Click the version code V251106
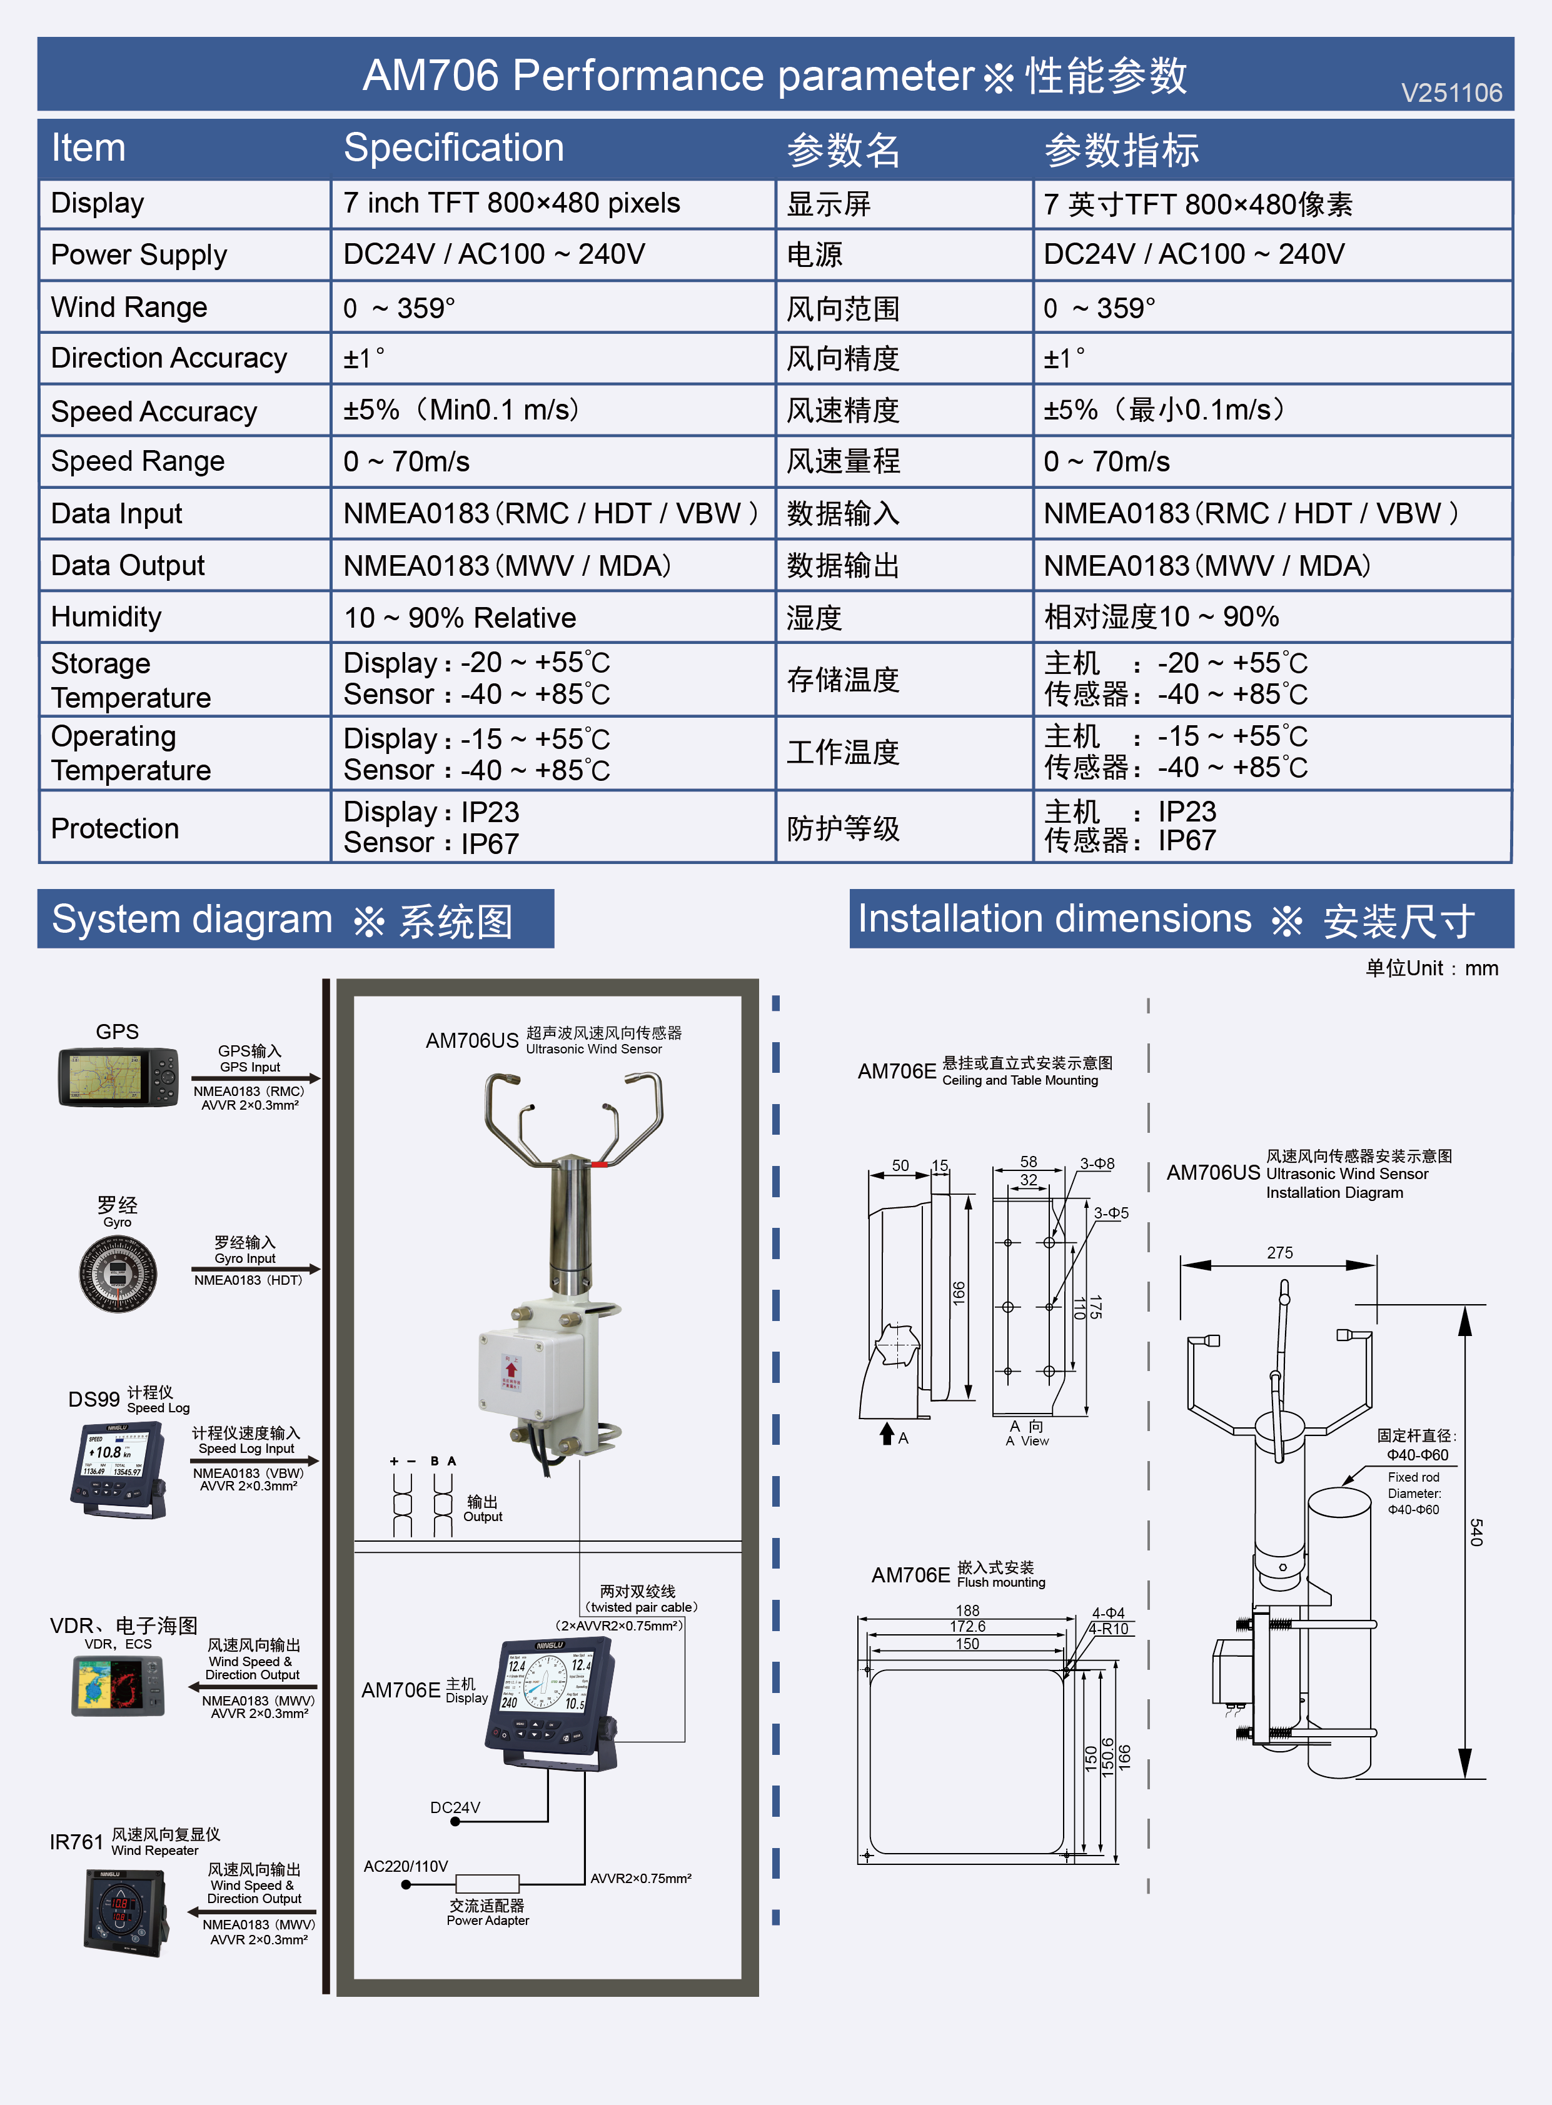click(1451, 93)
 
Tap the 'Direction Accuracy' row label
click(168, 358)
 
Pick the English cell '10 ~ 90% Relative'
click(460, 617)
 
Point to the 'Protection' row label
click(114, 828)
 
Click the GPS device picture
click(118, 1077)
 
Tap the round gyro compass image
click(118, 1273)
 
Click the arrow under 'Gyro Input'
click(256, 1269)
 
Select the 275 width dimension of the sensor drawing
click(1279, 1253)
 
